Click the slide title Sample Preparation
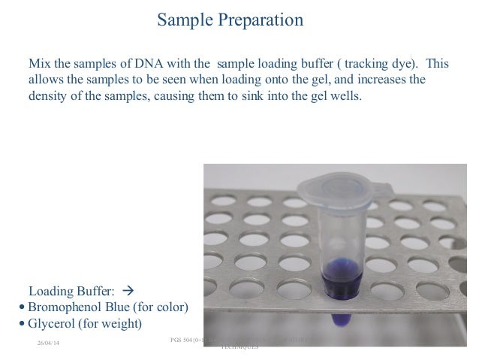[x=230, y=20]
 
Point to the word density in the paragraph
[x=49, y=96]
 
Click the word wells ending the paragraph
[x=355, y=96]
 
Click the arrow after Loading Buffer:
[x=126, y=291]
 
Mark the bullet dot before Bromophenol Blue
[x=22, y=308]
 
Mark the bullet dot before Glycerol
[x=22, y=325]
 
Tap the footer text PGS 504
[x=185, y=340]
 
